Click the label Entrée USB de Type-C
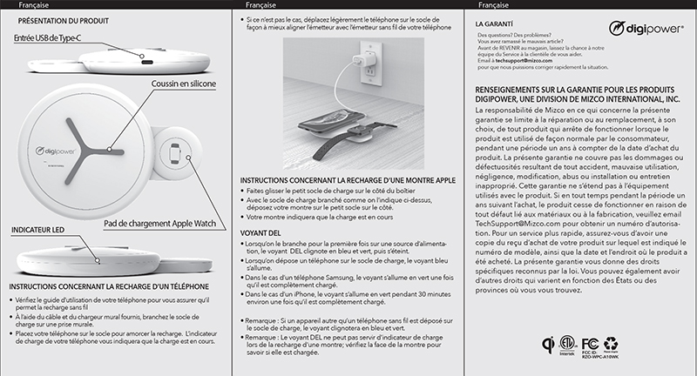pyautogui.click(x=50, y=38)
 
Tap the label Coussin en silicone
pyautogui.click(x=184, y=84)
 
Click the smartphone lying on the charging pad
pyautogui.click(x=334, y=119)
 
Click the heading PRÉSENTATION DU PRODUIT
pyautogui.click(x=63, y=17)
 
